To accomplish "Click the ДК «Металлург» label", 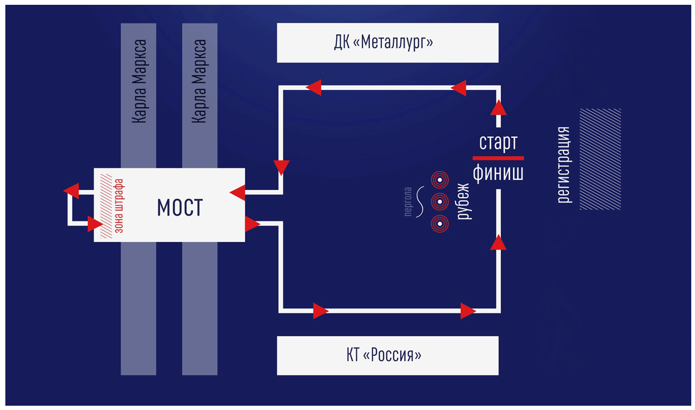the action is (x=384, y=42).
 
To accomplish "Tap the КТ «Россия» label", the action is (x=384, y=355).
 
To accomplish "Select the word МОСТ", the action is (x=180, y=207).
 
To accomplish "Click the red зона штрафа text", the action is (x=119, y=206).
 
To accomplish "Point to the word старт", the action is (x=498, y=143).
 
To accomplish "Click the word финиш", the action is (x=498, y=173).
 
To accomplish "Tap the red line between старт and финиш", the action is (x=498, y=158).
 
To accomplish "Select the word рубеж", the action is (x=463, y=202).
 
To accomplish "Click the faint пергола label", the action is (x=408, y=202).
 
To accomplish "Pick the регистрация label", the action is (x=564, y=165).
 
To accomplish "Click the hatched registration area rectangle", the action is (x=600, y=159).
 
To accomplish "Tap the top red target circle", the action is (x=440, y=180).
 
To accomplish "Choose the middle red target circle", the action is (x=440, y=202).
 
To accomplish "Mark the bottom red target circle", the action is (x=440, y=224).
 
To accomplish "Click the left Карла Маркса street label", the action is (x=139, y=81).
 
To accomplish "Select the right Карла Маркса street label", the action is (x=199, y=81).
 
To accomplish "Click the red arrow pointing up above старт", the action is (x=499, y=107).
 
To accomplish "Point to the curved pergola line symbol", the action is (x=420, y=202).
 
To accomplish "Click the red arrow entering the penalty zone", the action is (x=95, y=224).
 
